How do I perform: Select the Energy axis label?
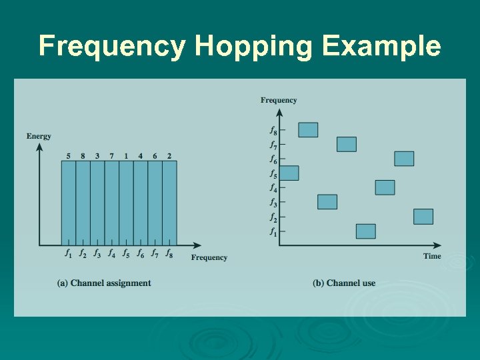(39, 137)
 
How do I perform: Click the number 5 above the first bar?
(69, 156)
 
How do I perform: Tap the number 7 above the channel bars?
(111, 156)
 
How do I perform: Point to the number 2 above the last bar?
(169, 156)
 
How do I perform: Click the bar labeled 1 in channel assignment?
(126, 203)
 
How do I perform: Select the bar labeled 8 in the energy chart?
(83, 203)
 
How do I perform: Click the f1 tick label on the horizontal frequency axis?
(68, 253)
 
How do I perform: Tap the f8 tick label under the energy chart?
(169, 253)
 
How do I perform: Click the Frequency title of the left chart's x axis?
(209, 257)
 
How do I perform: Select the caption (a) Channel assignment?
(105, 283)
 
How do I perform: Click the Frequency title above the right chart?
(279, 100)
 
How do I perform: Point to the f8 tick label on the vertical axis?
(273, 130)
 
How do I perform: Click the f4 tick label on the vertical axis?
(273, 188)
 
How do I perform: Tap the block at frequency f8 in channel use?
(308, 130)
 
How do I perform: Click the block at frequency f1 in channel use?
(365, 231)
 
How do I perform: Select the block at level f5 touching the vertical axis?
(289, 173)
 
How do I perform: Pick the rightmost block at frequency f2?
(423, 217)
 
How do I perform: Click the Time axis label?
(431, 256)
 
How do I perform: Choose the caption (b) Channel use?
(344, 283)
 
